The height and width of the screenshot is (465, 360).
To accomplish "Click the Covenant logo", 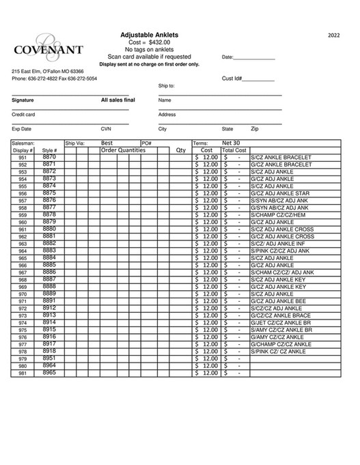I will click(48, 47).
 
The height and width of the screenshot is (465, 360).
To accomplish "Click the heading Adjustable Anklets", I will click(149, 34).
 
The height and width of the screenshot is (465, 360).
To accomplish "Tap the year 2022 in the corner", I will click(333, 35).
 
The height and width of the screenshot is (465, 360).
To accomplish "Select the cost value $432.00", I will click(159, 42).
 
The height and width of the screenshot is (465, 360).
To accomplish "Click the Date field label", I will click(227, 57).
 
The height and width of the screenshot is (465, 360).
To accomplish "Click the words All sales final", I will click(117, 100).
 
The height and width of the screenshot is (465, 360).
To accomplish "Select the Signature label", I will click(23, 100).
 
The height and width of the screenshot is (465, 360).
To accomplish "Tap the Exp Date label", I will click(21, 128).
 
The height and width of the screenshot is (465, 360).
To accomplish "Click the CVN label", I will click(106, 128).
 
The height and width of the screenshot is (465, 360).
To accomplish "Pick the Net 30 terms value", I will click(232, 143).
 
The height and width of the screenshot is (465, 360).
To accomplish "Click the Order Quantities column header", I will click(123, 150).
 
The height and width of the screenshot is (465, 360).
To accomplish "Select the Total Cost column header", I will click(234, 150).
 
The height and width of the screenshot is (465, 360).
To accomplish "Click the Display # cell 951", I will click(23, 158).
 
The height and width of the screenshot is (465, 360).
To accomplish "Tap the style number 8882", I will click(49, 243).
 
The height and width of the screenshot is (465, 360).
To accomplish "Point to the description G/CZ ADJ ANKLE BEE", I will click(278, 301).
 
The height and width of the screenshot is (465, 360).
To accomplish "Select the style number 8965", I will click(49, 373).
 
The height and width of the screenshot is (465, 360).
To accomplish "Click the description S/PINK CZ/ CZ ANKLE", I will click(278, 352).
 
